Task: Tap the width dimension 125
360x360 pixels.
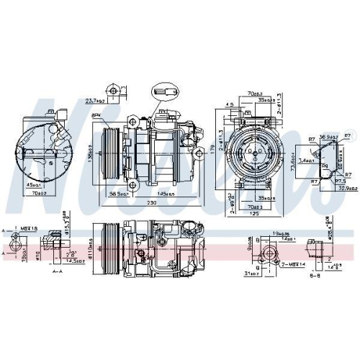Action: click(253, 193)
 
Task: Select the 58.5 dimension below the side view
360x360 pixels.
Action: click(117, 174)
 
